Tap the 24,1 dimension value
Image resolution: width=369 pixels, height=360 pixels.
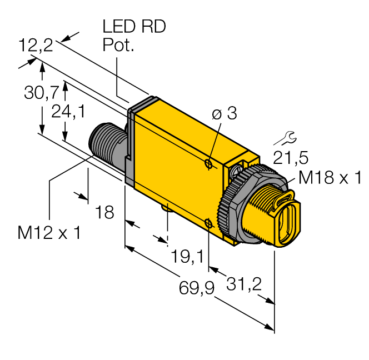(67, 112)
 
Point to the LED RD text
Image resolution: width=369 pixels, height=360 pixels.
(134, 27)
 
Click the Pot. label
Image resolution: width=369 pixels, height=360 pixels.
(118, 46)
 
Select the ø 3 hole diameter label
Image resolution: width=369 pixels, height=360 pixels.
(225, 114)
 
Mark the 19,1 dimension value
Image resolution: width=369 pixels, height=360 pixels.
(187, 256)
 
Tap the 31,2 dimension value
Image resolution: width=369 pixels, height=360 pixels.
(245, 284)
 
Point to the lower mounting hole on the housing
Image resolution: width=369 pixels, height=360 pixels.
(208, 223)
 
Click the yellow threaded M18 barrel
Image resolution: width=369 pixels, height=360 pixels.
(266, 212)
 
